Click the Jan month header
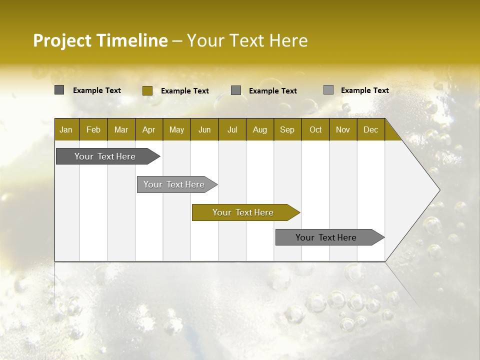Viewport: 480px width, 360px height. click(66, 129)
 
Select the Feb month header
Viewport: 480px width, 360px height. click(93, 129)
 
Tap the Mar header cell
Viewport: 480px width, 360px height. click(121, 129)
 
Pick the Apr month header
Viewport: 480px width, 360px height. click(149, 129)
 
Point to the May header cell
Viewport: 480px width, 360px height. click(176, 129)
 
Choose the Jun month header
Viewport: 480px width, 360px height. click(204, 129)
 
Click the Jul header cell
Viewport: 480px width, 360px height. click(232, 129)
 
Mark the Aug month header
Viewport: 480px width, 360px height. click(260, 129)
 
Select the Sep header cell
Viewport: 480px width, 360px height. click(287, 129)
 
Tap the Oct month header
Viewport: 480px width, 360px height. click(315, 129)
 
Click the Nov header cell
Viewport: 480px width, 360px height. click(343, 129)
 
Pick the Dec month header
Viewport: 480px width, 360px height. click(371, 129)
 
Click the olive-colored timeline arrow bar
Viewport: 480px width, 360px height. click(243, 212)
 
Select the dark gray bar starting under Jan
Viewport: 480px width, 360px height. click(105, 156)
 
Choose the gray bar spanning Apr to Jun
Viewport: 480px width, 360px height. click(174, 184)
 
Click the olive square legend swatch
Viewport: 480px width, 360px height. click(147, 90)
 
